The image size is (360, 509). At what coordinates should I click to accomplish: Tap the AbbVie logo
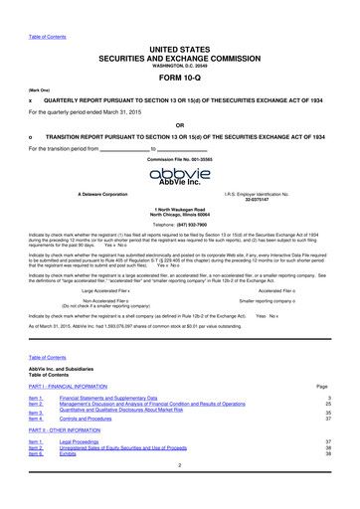click(x=180, y=176)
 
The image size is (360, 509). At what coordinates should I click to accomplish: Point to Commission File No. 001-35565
click(x=180, y=158)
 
